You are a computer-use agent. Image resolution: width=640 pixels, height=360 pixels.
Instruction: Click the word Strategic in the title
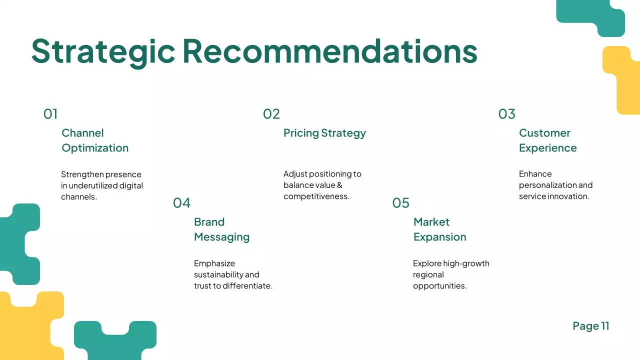coord(103,51)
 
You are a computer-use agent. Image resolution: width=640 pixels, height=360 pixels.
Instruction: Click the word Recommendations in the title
coord(329,51)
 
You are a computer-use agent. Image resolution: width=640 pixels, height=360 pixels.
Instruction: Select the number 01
coord(50,114)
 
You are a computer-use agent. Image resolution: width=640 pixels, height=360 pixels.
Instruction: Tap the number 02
coord(271,114)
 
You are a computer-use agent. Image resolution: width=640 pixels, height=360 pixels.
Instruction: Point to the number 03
coord(506,114)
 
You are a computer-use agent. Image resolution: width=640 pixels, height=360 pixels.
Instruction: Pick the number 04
coord(182,203)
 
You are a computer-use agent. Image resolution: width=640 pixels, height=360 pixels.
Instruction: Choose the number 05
coord(400,203)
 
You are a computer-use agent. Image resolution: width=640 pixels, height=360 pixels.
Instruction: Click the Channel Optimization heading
coord(95,140)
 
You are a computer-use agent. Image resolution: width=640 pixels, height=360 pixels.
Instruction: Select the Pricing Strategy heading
coord(324,133)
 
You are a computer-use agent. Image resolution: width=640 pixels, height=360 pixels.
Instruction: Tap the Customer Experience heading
coord(547,140)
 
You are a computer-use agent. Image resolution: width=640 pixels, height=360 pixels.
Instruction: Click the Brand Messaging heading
coord(221,229)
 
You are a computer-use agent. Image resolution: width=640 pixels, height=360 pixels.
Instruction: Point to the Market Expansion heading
coord(439,229)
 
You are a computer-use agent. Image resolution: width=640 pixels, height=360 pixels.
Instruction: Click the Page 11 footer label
coord(591,326)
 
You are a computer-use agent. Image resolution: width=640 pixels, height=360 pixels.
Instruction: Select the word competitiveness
coord(316,196)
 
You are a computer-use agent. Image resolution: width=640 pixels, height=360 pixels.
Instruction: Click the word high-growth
coord(466,263)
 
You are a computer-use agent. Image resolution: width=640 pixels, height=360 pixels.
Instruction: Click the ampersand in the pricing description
coord(339,185)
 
